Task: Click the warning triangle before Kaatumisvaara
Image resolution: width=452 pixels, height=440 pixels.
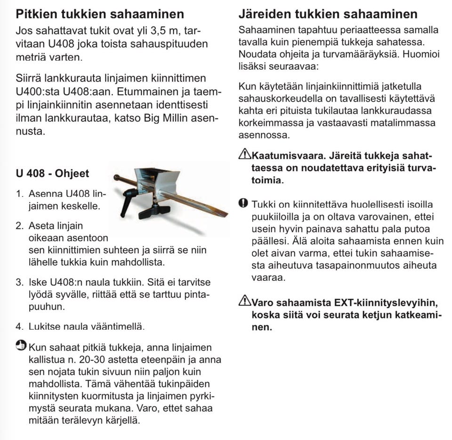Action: click(245, 155)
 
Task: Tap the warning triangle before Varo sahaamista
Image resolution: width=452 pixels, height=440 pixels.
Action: click(245, 301)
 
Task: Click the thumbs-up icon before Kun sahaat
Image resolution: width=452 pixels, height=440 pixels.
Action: click(21, 347)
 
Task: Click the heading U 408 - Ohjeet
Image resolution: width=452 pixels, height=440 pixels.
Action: click(52, 173)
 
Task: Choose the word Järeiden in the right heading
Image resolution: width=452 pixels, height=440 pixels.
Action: click(264, 13)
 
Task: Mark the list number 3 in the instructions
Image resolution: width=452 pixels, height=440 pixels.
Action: click(19, 283)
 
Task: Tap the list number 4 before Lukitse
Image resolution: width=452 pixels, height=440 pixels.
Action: click(19, 326)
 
